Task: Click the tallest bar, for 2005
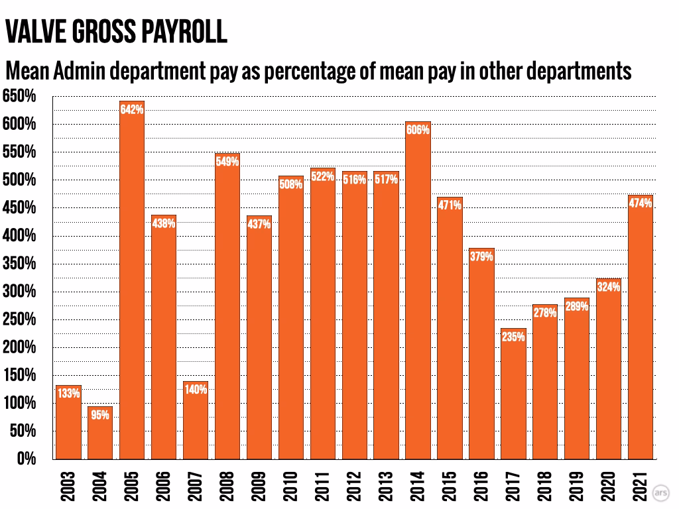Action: (x=132, y=280)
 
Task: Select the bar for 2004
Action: (x=100, y=432)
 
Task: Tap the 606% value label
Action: (x=418, y=129)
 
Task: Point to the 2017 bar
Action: (x=513, y=394)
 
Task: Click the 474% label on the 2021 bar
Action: (x=641, y=203)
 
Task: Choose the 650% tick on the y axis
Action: (x=19, y=95)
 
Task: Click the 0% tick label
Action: (x=27, y=459)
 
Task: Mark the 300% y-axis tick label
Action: (x=19, y=292)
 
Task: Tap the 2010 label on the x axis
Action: (x=290, y=486)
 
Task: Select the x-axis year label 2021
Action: (x=641, y=486)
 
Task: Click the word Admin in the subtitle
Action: (x=80, y=70)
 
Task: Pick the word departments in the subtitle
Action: (x=579, y=72)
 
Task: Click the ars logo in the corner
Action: (x=661, y=492)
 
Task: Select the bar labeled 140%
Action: (x=196, y=420)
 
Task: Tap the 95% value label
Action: (x=100, y=415)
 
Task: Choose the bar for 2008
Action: (x=227, y=306)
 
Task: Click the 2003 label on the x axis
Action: (x=68, y=486)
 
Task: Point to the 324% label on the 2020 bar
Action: (x=609, y=286)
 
